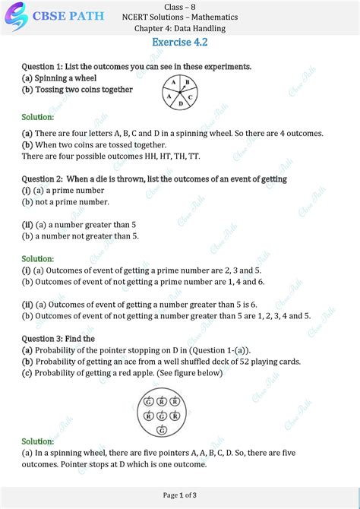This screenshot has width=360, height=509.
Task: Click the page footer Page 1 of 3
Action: (x=180, y=495)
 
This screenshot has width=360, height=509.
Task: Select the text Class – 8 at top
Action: (x=180, y=6)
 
